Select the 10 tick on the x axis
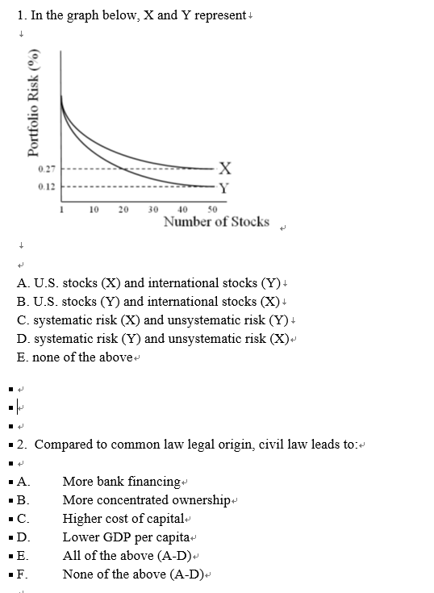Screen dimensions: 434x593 (x=94, y=209)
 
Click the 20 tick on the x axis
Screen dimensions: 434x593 (x=123, y=209)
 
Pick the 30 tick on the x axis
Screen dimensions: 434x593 (x=153, y=209)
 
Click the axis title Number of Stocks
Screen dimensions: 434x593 (x=216, y=222)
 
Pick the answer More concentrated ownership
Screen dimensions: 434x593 (x=146, y=500)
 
